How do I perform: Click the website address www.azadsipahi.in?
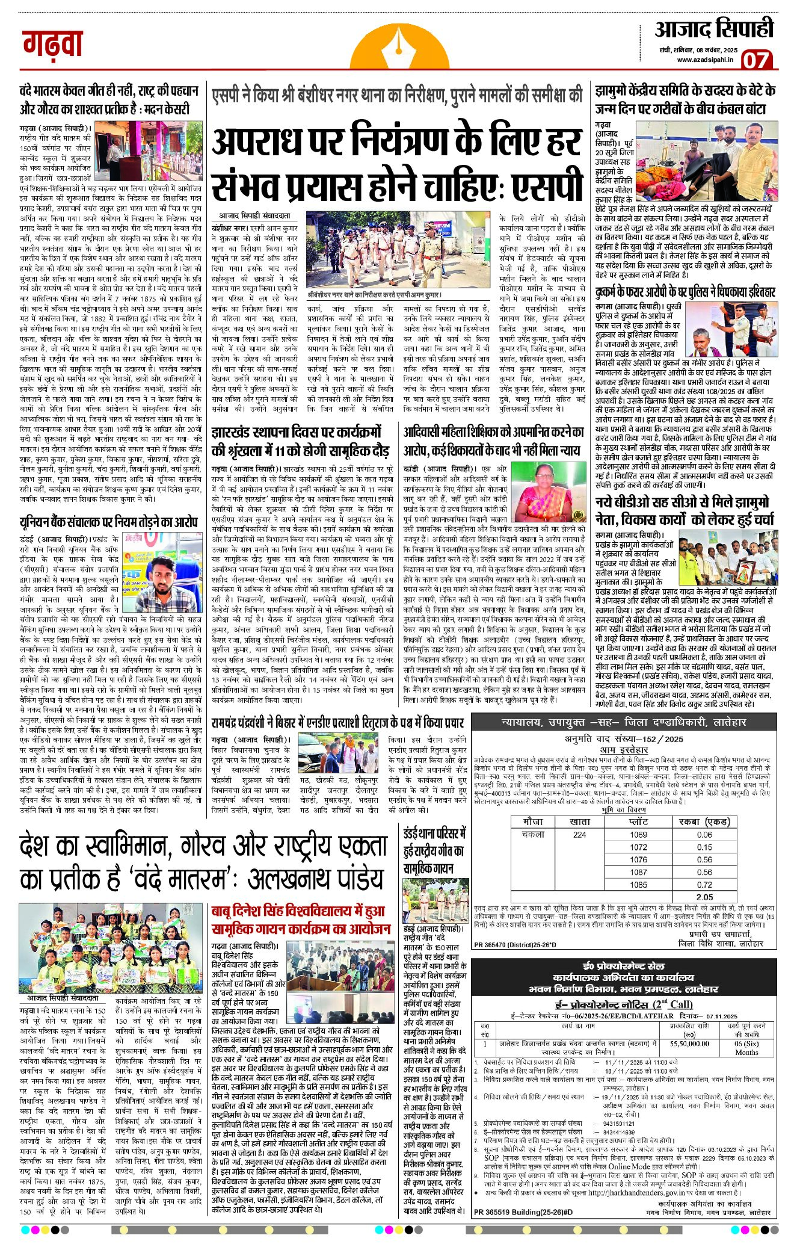pyautogui.click(x=705, y=60)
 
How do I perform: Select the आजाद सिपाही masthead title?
pyautogui.click(x=713, y=30)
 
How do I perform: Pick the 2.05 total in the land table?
pyautogui.click(x=704, y=897)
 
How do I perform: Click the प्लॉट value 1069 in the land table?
pyautogui.click(x=638, y=835)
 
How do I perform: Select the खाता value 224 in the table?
pyautogui.click(x=579, y=835)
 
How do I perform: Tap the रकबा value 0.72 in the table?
pyautogui.click(x=704, y=885)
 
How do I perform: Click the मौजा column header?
pyautogui.click(x=533, y=821)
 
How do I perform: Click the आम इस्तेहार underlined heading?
pyautogui.click(x=624, y=750)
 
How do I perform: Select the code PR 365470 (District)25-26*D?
pyautogui.click(x=515, y=944)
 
